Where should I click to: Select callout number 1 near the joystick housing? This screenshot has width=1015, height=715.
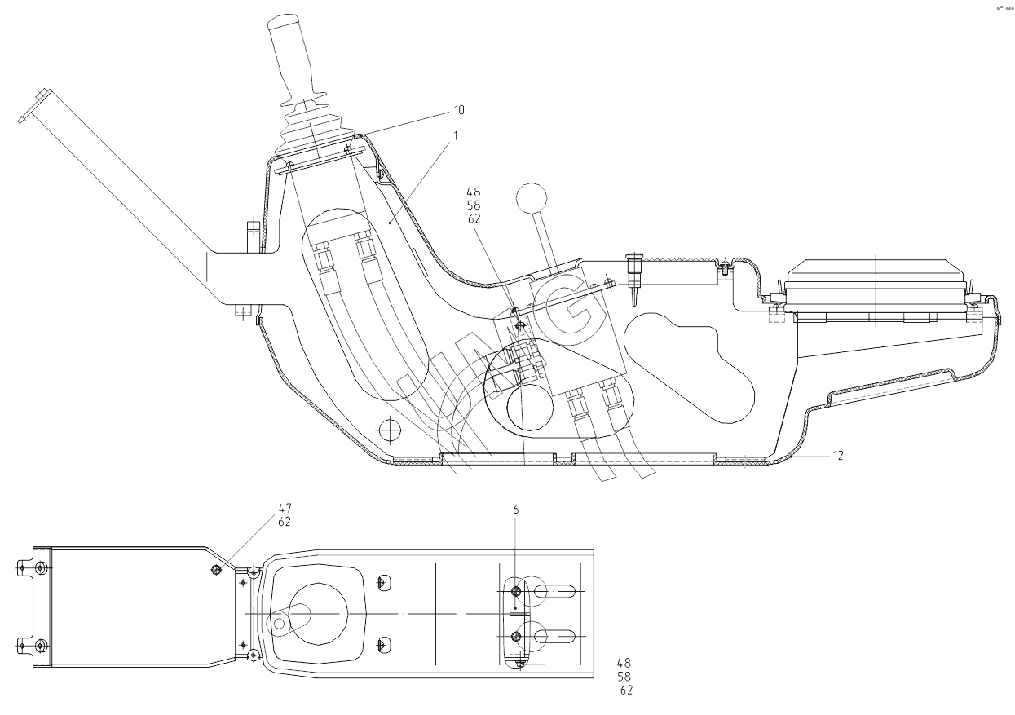pos(455,135)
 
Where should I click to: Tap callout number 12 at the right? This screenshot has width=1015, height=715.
pos(837,455)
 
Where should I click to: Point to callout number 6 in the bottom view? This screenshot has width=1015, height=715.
pos(515,510)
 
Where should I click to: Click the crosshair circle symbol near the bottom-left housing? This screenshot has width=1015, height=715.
pos(391,428)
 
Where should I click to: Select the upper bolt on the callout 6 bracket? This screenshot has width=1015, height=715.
pos(515,590)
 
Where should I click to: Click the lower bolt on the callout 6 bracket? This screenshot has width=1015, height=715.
pos(515,637)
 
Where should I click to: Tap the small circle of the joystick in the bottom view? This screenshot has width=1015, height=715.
pos(280,624)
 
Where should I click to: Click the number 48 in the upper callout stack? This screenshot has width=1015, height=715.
pos(474,194)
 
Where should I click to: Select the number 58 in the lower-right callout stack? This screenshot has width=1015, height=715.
pos(624,677)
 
